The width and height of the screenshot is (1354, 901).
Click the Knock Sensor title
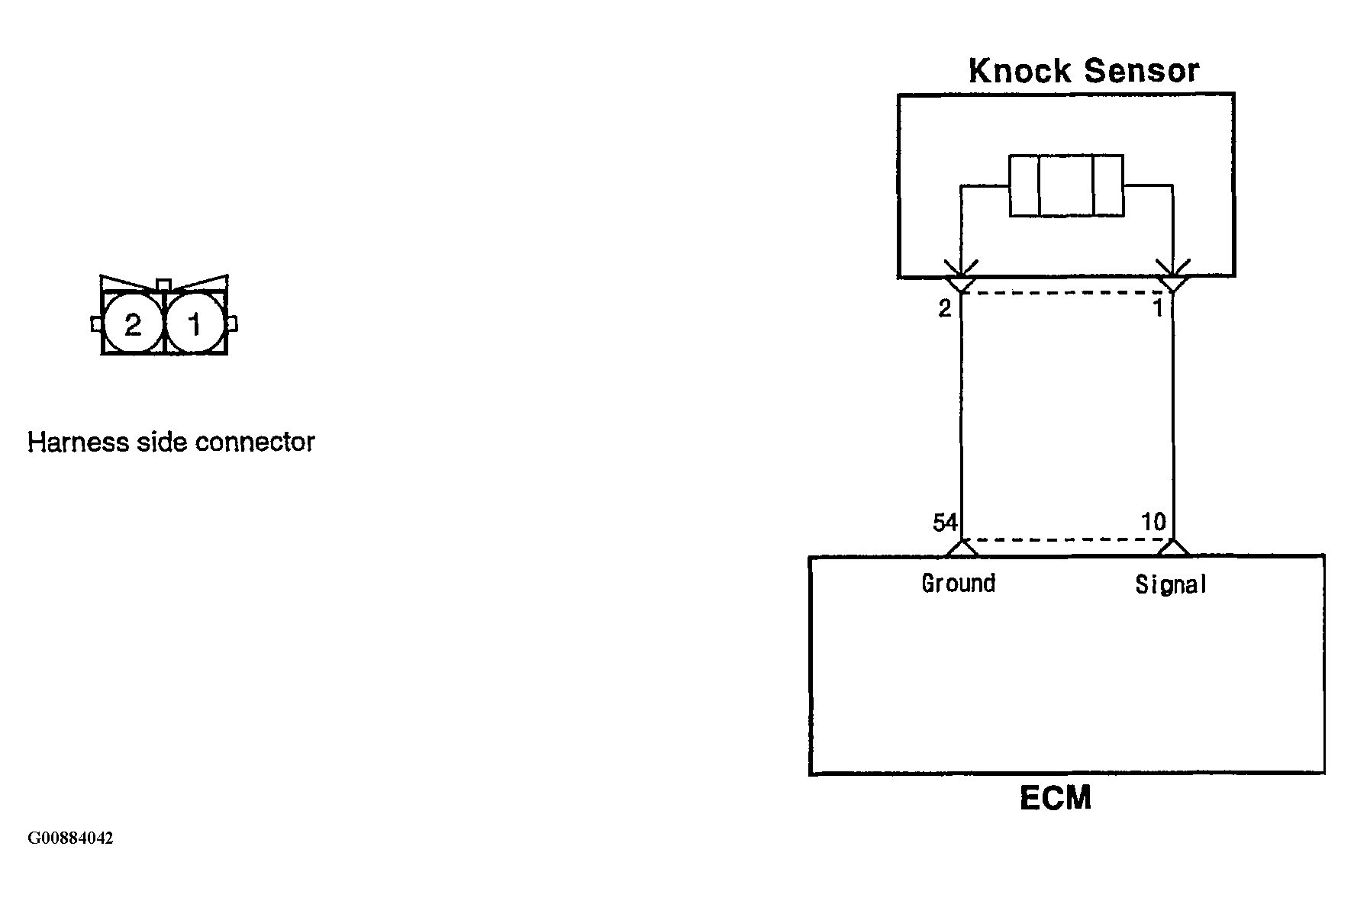click(1083, 71)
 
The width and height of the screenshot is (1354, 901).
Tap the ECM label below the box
click(1056, 798)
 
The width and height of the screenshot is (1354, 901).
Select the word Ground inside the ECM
click(959, 584)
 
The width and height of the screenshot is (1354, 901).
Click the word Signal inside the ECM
click(1171, 584)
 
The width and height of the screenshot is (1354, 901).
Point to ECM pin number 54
click(945, 523)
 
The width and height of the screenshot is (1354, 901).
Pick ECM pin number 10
click(1153, 522)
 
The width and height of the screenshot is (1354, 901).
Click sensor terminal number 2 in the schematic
click(945, 308)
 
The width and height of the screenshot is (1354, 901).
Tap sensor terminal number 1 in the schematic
click(1158, 308)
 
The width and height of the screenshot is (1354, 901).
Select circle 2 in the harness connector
click(133, 324)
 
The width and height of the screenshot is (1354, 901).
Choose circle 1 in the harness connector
click(195, 324)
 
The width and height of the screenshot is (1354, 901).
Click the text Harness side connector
click(171, 442)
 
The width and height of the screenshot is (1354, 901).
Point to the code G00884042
click(70, 838)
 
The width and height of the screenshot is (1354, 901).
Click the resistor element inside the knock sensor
click(1066, 185)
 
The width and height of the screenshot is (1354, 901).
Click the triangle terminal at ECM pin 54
click(961, 548)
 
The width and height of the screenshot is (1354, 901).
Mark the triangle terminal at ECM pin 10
click(1173, 548)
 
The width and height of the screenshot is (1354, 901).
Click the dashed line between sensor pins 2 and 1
click(1067, 292)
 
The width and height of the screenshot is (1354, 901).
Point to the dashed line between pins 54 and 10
click(1067, 539)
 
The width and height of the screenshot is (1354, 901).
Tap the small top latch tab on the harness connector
click(163, 285)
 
